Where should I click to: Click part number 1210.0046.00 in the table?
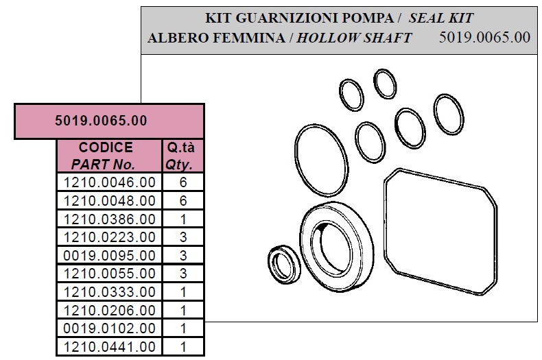[109, 182]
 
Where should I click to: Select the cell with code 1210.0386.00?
[109, 219]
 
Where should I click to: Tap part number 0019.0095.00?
[109, 256]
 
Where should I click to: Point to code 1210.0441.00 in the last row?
[109, 347]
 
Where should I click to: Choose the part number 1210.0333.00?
[109, 292]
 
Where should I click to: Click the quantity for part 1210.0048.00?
[183, 201]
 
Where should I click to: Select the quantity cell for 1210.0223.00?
[183, 237]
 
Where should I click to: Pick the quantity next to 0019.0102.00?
[183, 328]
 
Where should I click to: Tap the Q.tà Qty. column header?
[180, 156]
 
